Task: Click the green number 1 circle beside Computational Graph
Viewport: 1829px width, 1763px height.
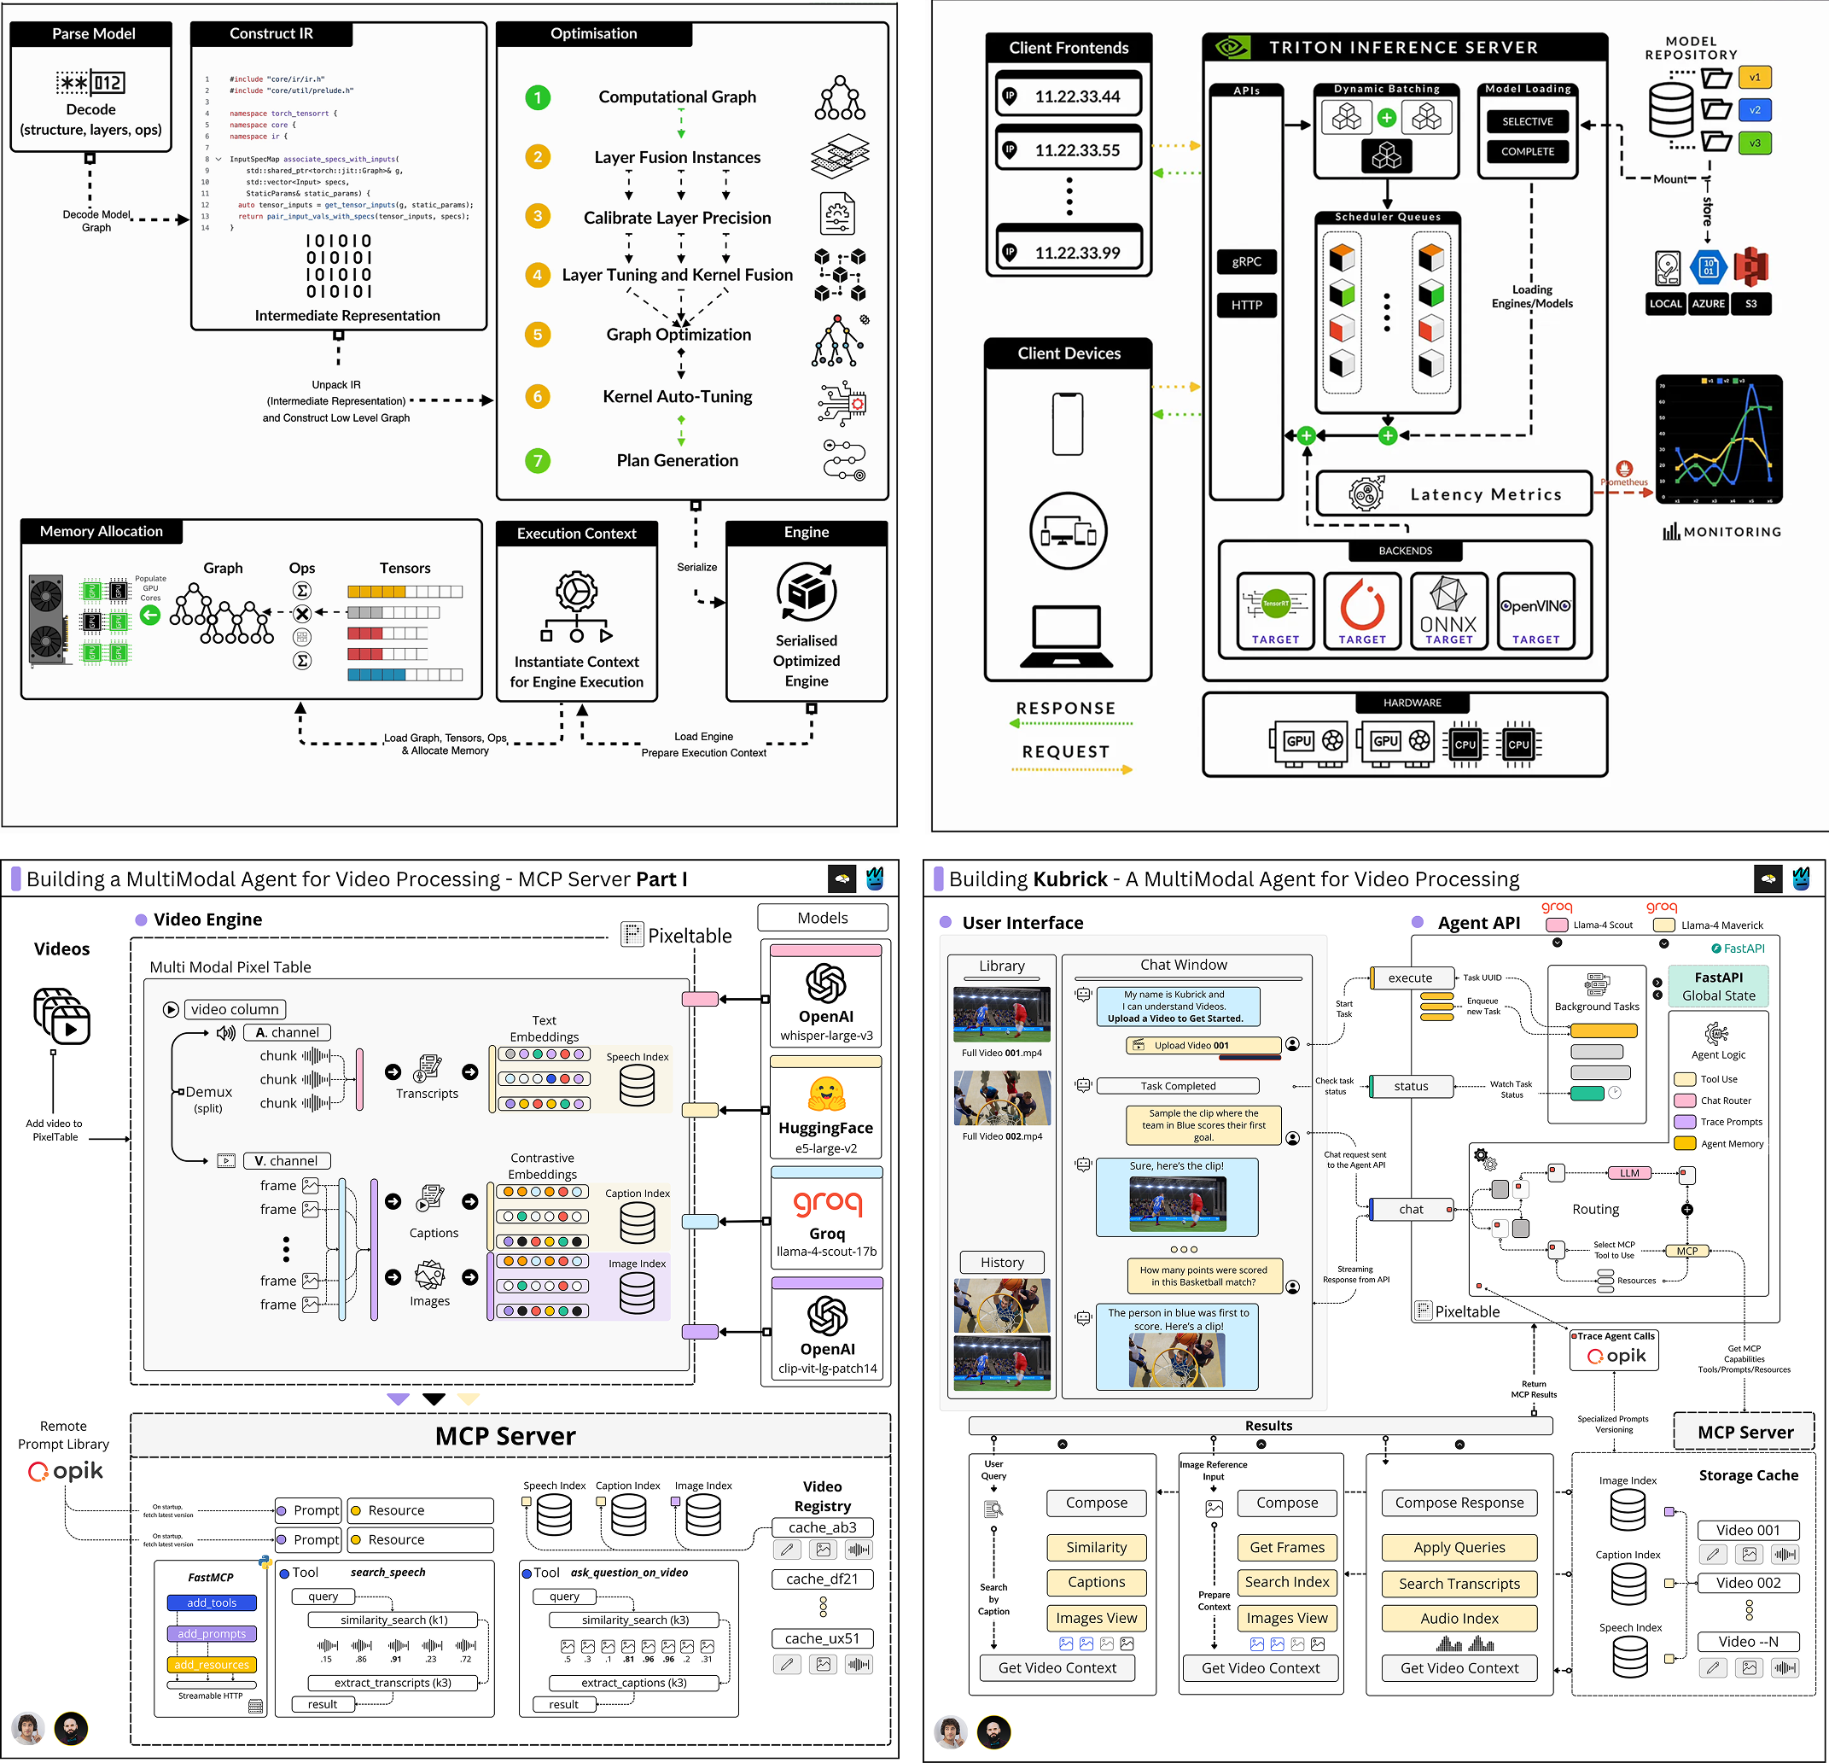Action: tap(538, 97)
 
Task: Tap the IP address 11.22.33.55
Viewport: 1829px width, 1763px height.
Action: tap(1077, 150)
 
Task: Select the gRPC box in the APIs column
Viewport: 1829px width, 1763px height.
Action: tap(1247, 261)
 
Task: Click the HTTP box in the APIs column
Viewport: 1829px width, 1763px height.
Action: tap(1247, 305)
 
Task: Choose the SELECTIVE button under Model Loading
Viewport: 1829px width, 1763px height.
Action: tap(1528, 121)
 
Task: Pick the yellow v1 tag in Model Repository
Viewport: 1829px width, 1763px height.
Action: tap(1755, 78)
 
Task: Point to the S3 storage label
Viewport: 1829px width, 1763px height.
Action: tap(1750, 303)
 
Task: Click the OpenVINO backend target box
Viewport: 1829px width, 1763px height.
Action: tap(1536, 611)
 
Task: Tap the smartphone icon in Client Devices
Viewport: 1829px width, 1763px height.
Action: tap(1068, 423)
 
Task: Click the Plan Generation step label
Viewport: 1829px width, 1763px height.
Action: tap(677, 460)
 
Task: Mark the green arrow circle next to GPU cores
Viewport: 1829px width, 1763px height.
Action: tap(150, 615)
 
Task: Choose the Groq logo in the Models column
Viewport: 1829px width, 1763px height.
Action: tap(827, 1203)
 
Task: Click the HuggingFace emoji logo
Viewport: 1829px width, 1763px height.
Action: tap(827, 1093)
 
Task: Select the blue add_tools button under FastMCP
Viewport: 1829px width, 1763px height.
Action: tap(212, 1602)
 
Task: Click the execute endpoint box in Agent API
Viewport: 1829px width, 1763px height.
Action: tap(1411, 978)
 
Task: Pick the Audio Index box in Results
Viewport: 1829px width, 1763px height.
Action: tap(1459, 1619)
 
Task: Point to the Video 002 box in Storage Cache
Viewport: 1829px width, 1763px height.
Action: tap(1748, 1583)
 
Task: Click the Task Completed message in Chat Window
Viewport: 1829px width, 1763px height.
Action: tap(1178, 1085)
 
